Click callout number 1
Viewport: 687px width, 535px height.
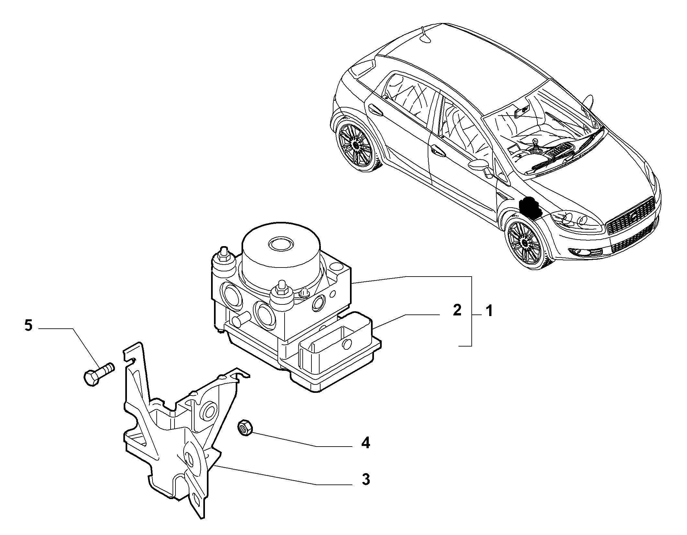click(489, 312)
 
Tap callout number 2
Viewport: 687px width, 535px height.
click(457, 311)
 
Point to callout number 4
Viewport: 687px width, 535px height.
click(365, 443)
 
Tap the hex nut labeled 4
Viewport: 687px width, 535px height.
click(246, 428)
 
